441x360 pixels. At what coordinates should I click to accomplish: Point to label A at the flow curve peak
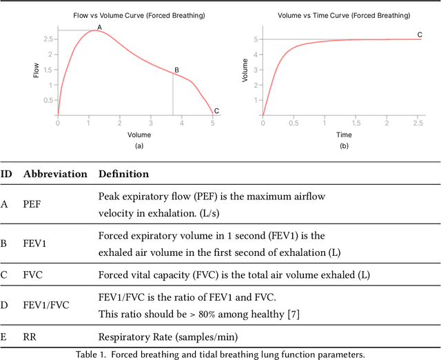(x=99, y=27)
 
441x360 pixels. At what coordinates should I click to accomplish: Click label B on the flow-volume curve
(x=176, y=70)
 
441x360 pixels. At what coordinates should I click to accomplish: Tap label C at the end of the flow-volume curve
(x=216, y=110)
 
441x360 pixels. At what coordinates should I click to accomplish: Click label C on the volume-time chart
(x=420, y=34)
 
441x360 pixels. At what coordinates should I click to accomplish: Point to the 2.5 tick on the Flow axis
(x=48, y=39)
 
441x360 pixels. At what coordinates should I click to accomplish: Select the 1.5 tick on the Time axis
(x=356, y=123)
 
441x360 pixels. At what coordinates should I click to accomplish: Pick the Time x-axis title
(x=343, y=135)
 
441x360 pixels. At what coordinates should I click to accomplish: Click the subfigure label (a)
(x=139, y=146)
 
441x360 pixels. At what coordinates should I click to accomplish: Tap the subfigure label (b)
(x=343, y=146)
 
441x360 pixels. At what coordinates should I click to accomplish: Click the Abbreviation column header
(x=55, y=174)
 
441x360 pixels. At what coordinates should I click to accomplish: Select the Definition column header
(x=123, y=174)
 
